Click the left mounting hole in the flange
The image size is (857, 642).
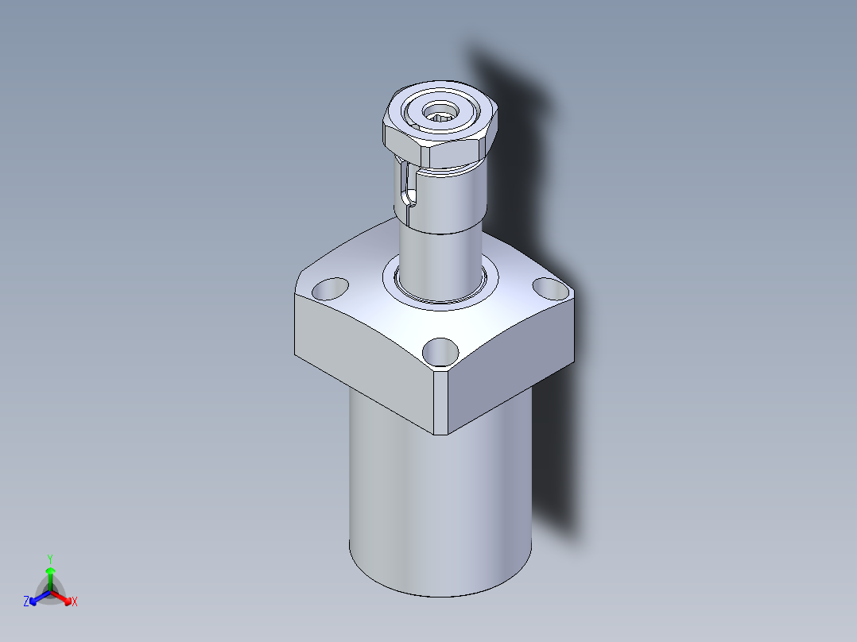point(332,287)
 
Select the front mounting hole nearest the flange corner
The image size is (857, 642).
point(440,350)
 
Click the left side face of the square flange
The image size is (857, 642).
point(362,358)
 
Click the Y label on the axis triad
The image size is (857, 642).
point(50,558)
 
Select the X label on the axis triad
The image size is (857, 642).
point(75,602)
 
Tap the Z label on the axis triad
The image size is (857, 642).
point(26,602)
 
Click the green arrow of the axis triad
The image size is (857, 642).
point(50,575)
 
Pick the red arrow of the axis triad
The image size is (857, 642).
point(64,597)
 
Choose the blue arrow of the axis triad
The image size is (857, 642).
point(37,597)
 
